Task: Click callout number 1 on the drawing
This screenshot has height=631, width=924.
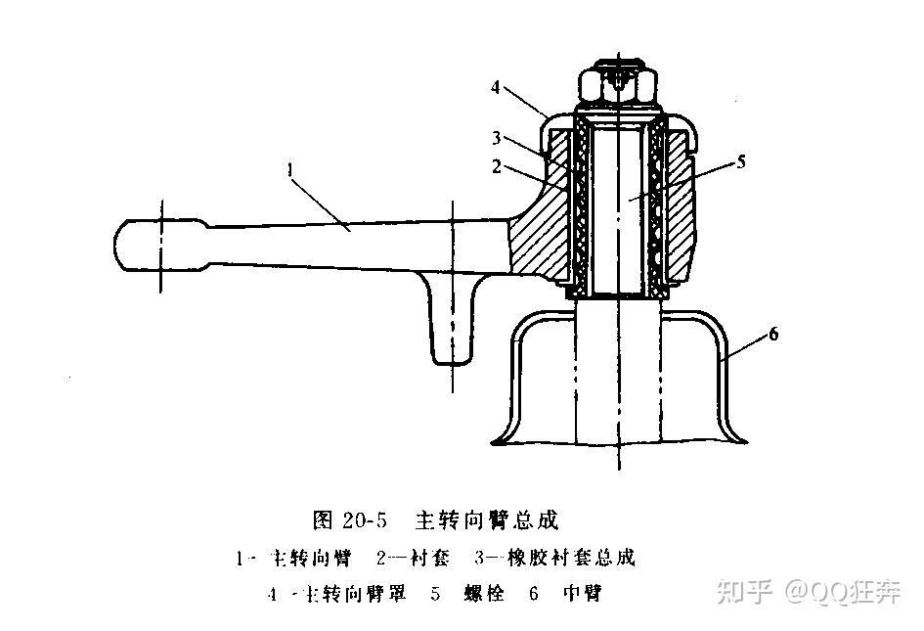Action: (290, 169)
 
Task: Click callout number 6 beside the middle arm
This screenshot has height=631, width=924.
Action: (772, 335)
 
